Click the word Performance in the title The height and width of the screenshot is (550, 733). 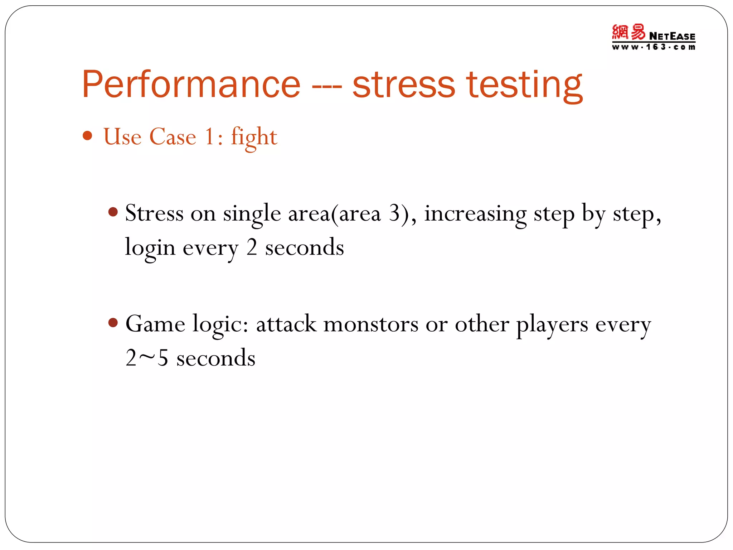(191, 85)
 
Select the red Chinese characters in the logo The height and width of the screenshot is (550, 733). (628, 32)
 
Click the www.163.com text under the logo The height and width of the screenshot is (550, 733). (654, 47)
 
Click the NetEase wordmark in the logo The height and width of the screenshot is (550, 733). (672, 36)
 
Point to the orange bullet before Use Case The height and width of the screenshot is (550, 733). (87, 136)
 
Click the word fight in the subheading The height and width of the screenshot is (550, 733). (254, 137)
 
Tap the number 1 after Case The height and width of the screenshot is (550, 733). (210, 137)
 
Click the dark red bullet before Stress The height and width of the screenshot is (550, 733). (113, 212)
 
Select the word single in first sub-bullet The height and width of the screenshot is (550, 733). (252, 214)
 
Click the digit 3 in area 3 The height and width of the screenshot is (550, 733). (394, 213)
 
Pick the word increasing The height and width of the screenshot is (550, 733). (475, 214)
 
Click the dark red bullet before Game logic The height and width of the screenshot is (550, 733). (113, 323)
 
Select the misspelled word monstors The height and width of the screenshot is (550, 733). (370, 324)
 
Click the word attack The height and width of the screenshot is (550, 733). (286, 324)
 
